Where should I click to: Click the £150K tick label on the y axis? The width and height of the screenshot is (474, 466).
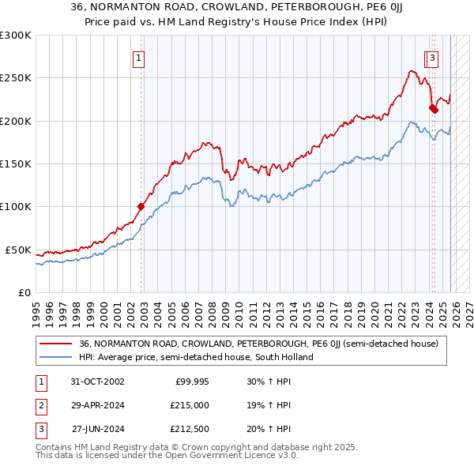tap(16, 164)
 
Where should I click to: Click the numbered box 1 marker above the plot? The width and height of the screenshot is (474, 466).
tap(138, 57)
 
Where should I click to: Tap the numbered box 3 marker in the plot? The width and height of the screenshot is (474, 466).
tap(434, 57)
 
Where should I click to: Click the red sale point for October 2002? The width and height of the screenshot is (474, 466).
tap(141, 207)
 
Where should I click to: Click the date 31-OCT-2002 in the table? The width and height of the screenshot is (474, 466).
tap(98, 382)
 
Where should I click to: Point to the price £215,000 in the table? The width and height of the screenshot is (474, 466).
tap(190, 405)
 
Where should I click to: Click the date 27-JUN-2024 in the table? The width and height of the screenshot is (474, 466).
tap(98, 429)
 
